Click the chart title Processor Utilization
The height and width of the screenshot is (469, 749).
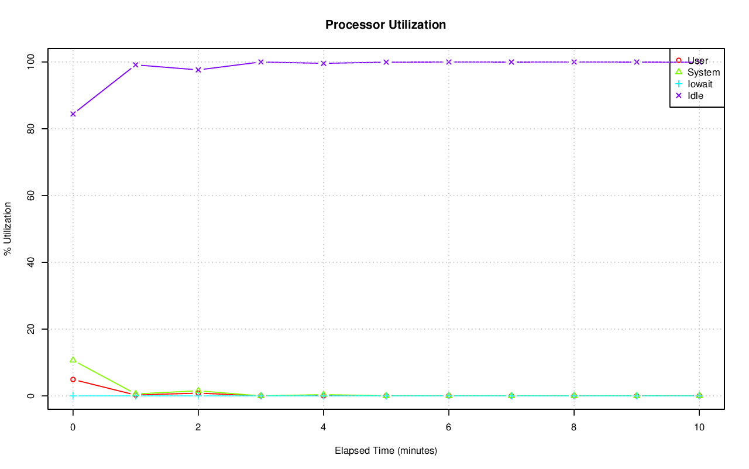(386, 25)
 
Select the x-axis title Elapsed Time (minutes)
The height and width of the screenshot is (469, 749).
(386, 451)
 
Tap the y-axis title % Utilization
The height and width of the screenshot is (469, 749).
(8, 229)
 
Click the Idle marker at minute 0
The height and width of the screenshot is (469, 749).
(73, 114)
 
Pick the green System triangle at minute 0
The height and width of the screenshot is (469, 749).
(73, 360)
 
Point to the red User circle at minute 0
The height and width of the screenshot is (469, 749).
(73, 379)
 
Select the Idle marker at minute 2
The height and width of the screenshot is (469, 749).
(198, 70)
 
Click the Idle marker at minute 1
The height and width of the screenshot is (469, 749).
(136, 65)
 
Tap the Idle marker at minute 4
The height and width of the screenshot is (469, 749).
(324, 63)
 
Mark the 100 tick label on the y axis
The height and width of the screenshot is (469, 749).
(29, 61)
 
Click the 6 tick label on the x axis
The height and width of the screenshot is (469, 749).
(449, 427)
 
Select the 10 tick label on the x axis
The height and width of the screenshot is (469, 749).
(699, 427)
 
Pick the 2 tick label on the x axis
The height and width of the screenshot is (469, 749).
(198, 427)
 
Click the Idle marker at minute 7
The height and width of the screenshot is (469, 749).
(511, 62)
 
